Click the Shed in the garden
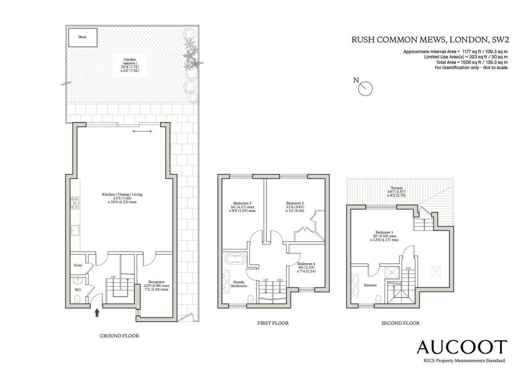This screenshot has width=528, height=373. point(83,38)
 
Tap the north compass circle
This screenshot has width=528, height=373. point(365,89)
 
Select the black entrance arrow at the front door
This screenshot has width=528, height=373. point(97,313)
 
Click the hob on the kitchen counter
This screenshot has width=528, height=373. point(75,203)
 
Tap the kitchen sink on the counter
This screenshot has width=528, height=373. point(75,230)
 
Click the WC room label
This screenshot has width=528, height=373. point(78,290)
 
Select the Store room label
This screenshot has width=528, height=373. point(78,265)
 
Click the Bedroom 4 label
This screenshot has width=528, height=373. point(306,264)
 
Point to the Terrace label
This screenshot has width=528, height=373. point(396,188)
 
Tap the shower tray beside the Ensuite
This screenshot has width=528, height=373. point(392,273)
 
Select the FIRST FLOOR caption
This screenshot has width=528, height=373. point(273,323)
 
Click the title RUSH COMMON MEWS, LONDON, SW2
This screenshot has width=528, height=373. point(430,40)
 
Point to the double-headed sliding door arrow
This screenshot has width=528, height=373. point(142,131)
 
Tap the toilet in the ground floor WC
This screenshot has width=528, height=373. point(77,299)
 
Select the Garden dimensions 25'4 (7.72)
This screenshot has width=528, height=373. point(130,67)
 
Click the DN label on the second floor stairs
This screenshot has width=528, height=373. point(408,268)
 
